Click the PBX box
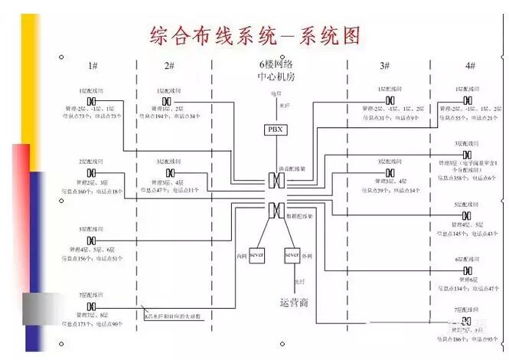pos(276,130)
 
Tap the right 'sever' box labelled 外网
pos(291,252)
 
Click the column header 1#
pos(93,67)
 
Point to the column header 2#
pos(169,67)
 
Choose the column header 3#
pos(385,67)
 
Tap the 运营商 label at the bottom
pos(294,302)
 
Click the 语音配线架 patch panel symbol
pos(276,181)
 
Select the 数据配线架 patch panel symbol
pos(276,208)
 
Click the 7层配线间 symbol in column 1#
pos(91,306)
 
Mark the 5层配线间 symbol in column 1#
pos(91,241)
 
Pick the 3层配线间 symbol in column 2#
pos(170,173)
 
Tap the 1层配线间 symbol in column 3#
pos(390,101)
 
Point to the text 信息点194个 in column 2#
pos(152,116)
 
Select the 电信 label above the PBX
pos(276,94)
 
